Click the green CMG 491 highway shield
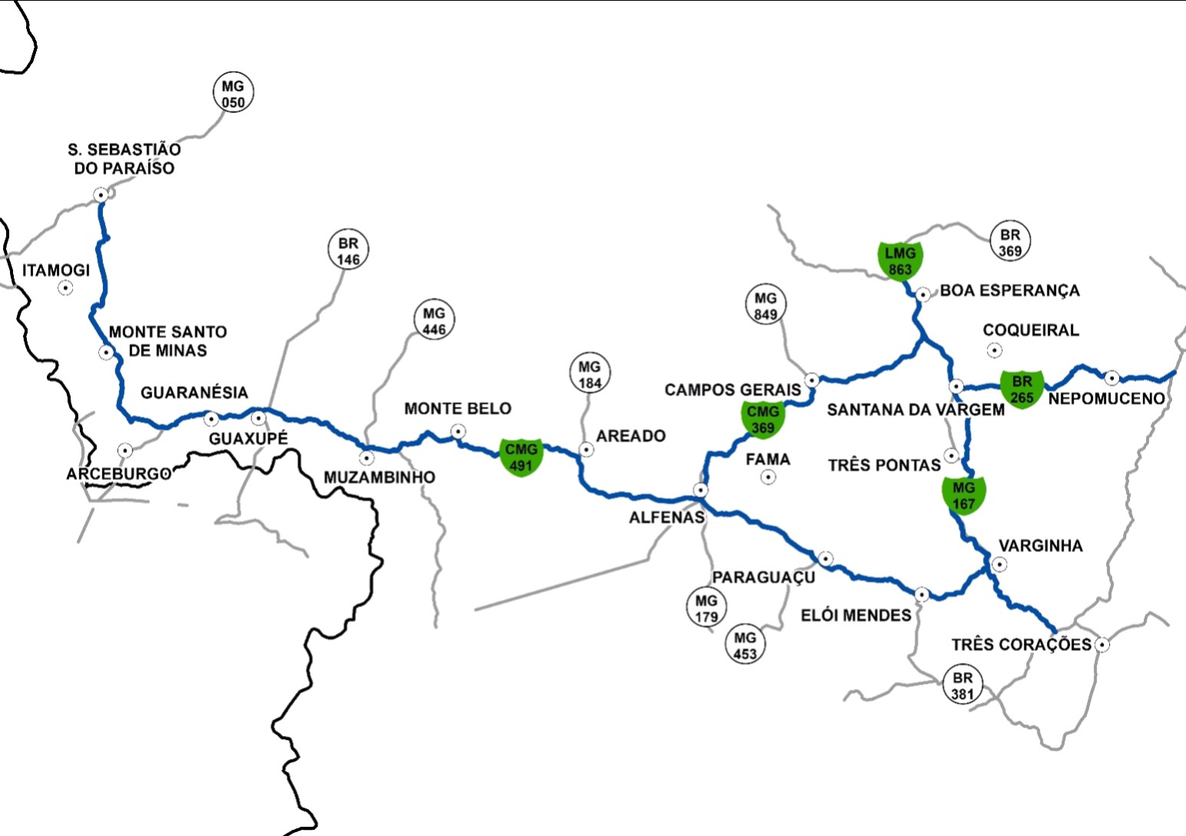[521, 457]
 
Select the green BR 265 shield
[1021, 389]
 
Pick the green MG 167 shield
[963, 495]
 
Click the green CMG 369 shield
[763, 420]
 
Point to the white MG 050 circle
[233, 94]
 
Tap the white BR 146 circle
[348, 250]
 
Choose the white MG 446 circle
[434, 321]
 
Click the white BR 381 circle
[962, 685]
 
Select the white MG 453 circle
[744, 645]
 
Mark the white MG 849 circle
[765, 306]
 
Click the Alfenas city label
[666, 517]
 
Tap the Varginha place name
[1040, 546]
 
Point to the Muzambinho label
[379, 477]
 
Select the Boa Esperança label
[1009, 290]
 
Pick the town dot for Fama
[767, 477]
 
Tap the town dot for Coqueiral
[994, 350]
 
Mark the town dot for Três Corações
[1102, 645]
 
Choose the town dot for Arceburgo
[124, 450]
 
